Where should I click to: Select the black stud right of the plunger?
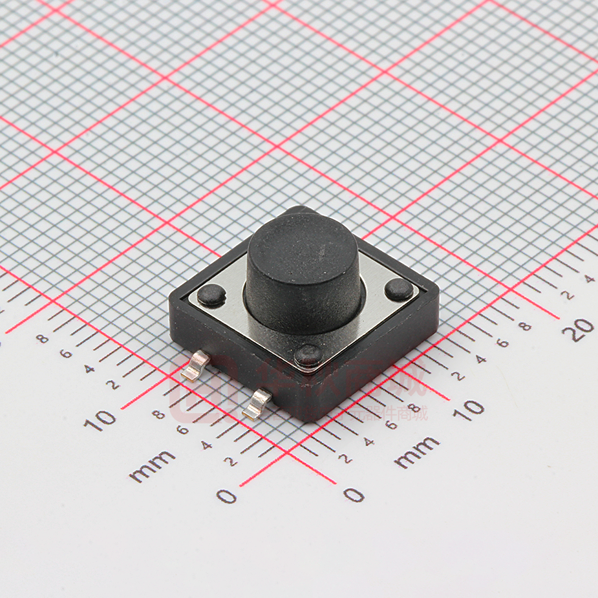coord(399,289)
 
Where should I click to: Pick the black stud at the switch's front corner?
coord(309,354)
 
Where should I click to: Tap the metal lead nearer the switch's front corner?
coord(257,404)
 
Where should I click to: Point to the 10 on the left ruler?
coord(101,420)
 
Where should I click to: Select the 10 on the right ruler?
coord(471,409)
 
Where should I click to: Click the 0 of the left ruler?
coord(226,496)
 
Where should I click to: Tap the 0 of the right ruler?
coord(354,495)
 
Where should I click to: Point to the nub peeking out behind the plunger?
coord(299,211)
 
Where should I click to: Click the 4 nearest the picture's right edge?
coord(589,279)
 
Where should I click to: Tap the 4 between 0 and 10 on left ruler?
coord(206,445)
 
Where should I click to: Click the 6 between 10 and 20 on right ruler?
coord(502,343)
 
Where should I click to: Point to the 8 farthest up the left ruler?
coord(43,338)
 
